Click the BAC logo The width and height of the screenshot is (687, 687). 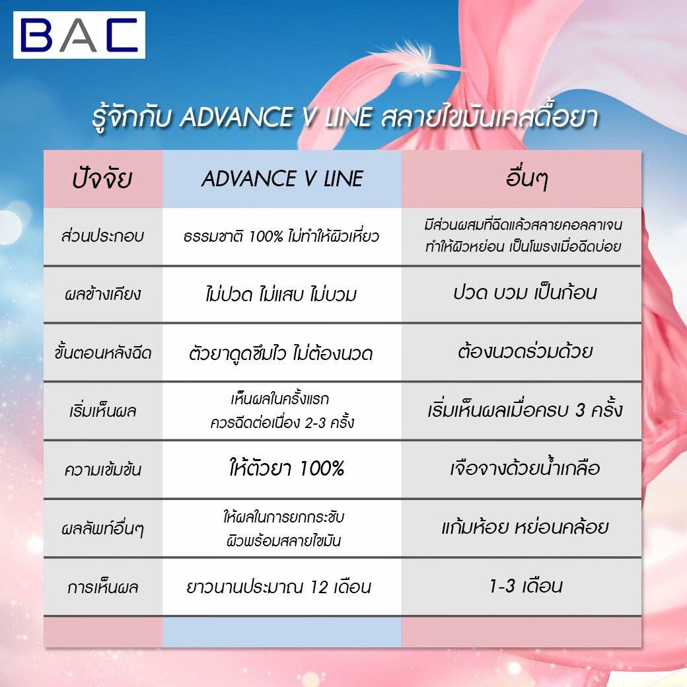click(x=79, y=35)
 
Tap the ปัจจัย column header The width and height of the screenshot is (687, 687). click(x=102, y=179)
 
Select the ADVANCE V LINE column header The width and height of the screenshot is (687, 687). click(x=282, y=179)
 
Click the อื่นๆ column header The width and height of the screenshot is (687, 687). click(x=526, y=179)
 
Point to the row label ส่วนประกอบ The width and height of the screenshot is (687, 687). click(x=102, y=236)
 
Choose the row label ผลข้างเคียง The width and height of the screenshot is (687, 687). click(x=102, y=294)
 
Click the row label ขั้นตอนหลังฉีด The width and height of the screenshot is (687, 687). click(x=102, y=353)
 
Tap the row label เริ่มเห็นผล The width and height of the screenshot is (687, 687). click(x=102, y=411)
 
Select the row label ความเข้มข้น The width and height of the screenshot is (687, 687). click(x=102, y=469)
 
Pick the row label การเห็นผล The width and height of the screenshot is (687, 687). click(x=102, y=587)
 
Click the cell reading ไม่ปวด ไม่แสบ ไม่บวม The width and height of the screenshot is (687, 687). click(x=281, y=294)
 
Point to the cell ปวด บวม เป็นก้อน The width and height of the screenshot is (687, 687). click(x=525, y=293)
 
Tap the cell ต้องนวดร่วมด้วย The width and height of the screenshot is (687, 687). click(x=525, y=351)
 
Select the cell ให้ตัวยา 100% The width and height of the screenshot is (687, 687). click(x=287, y=468)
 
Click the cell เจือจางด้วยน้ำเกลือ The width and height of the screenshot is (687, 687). click(x=525, y=468)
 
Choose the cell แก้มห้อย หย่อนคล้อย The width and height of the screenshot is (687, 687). click(x=525, y=526)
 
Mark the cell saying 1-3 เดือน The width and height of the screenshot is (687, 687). click(x=526, y=586)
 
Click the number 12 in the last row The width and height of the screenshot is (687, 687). click(x=319, y=587)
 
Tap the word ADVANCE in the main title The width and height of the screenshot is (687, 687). click(x=236, y=118)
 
